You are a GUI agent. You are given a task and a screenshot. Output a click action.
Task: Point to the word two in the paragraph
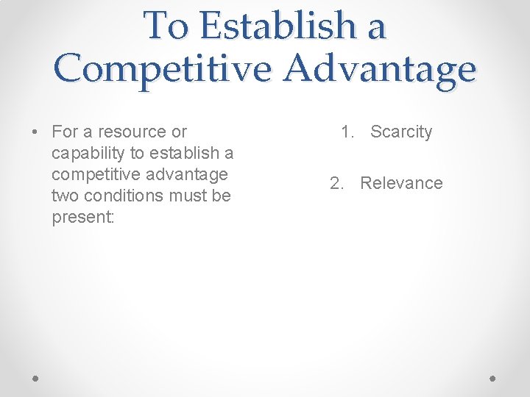coord(65,196)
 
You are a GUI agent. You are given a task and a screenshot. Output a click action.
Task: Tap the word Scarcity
coord(401,132)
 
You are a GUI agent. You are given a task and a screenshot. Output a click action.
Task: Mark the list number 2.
coord(336,184)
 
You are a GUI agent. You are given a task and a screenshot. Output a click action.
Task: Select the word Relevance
coord(401,184)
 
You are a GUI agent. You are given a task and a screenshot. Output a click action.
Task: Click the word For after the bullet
coord(64,132)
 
